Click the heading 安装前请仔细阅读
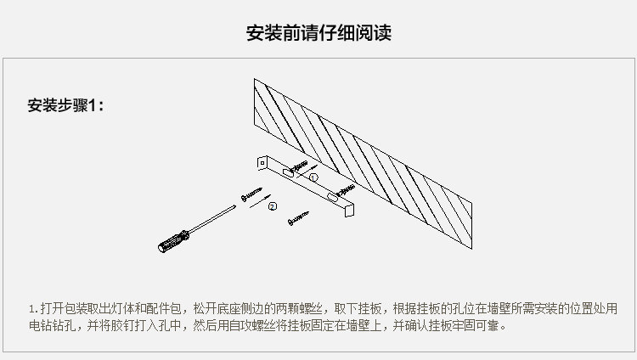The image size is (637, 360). coord(318,33)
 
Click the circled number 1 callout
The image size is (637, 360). coord(313,178)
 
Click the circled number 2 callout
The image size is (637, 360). coord(272,205)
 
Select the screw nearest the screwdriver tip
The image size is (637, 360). coord(252,195)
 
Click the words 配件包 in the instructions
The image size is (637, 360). coord(170,308)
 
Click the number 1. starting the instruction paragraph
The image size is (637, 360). coord(34,308)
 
